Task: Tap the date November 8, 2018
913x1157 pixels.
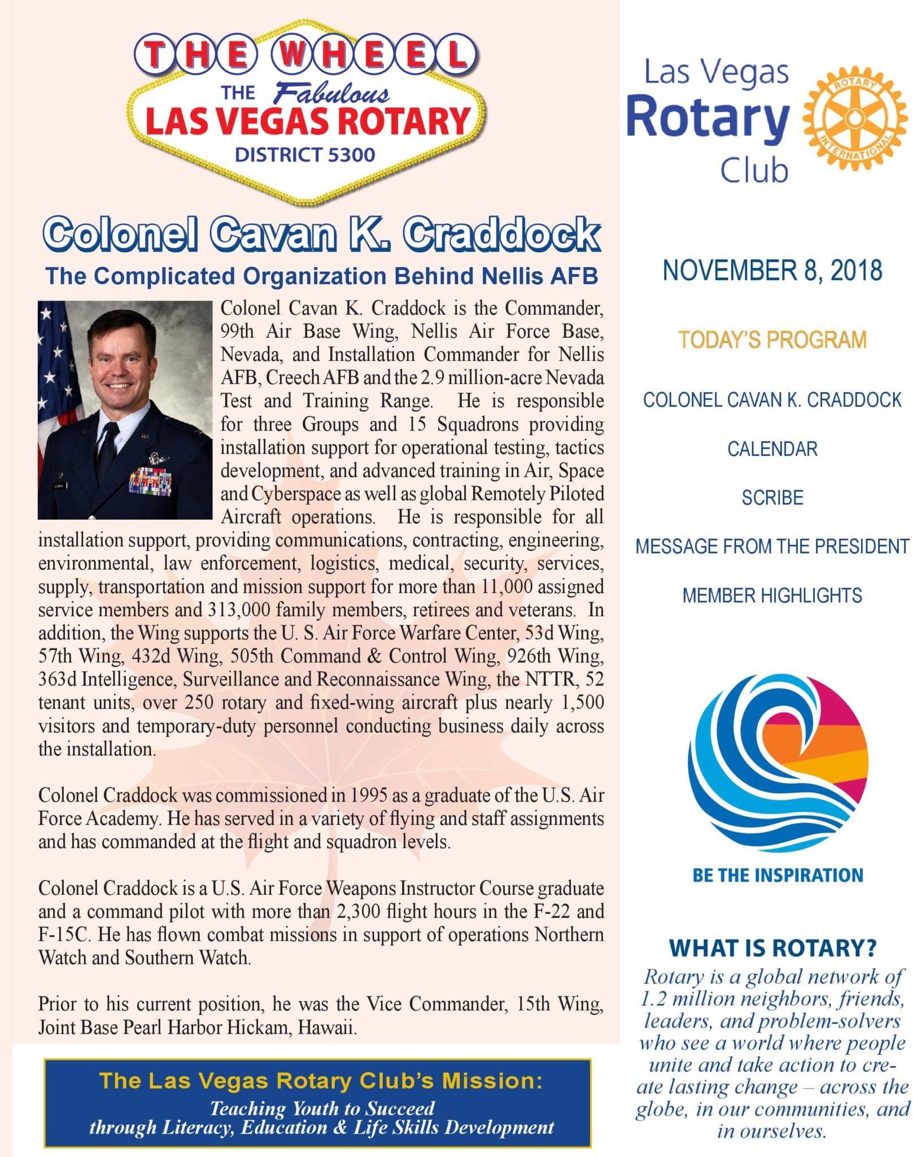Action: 772,270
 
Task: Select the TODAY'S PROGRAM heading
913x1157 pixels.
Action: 772,340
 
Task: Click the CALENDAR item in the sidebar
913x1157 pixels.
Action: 772,449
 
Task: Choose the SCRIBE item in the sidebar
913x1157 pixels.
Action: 772,498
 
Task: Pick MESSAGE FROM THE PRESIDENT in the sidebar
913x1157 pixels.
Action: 772,546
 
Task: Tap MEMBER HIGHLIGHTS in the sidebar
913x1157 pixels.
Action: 772,595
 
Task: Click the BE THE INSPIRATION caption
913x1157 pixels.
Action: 777,875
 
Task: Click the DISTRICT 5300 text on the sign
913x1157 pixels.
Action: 305,155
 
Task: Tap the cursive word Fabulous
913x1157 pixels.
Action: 332,93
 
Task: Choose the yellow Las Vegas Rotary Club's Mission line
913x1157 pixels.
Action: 321,1080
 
